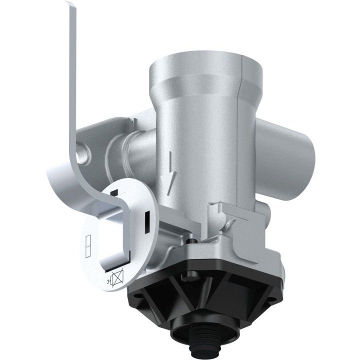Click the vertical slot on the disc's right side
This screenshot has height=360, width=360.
[x=147, y=222]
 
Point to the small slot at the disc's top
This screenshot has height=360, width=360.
[x=114, y=192]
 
